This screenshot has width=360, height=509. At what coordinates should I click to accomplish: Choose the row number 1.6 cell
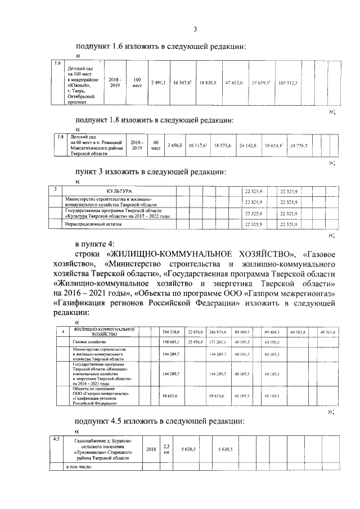click(57, 63)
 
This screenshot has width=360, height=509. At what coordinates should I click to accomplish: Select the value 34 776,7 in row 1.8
click(302, 146)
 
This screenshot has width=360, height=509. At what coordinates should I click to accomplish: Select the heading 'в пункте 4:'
click(94, 244)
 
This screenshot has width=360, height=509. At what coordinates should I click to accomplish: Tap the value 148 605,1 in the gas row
click(169, 342)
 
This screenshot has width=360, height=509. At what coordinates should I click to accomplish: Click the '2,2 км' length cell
click(165, 449)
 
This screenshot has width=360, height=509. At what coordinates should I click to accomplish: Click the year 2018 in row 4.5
click(151, 449)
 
